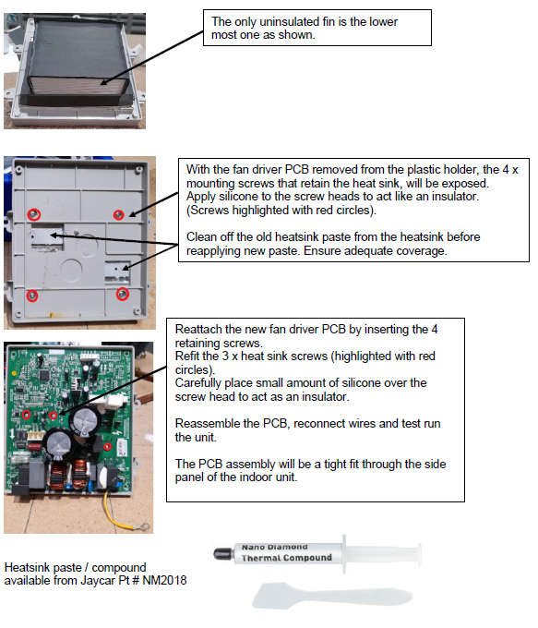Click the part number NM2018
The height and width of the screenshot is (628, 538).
pyautogui.click(x=164, y=580)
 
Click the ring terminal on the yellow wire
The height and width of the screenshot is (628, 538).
pyautogui.click(x=145, y=526)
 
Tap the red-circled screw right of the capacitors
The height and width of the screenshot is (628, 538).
pyautogui.click(x=107, y=447)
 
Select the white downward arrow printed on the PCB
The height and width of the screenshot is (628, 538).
pyautogui.click(x=13, y=434)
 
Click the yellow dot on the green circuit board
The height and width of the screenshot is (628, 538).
pyautogui.click(x=15, y=374)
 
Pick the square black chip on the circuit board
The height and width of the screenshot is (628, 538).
pyautogui.click(x=44, y=375)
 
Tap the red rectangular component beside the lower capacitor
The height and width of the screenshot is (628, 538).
pyautogui.click(x=33, y=445)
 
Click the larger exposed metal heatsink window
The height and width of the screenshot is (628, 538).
pyautogui.click(x=47, y=237)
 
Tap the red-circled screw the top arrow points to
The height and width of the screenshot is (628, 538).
pyautogui.click(x=118, y=215)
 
